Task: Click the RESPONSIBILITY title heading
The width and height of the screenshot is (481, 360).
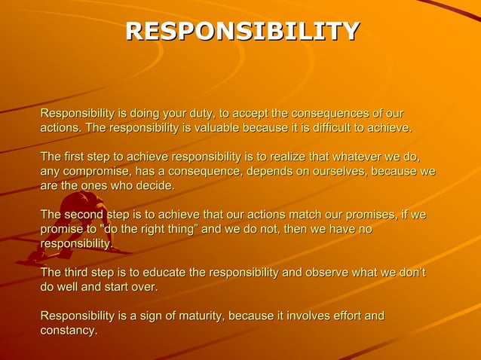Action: (242, 31)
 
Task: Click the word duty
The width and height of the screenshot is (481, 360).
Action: (199, 114)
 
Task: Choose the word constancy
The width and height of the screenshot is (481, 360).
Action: (68, 331)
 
